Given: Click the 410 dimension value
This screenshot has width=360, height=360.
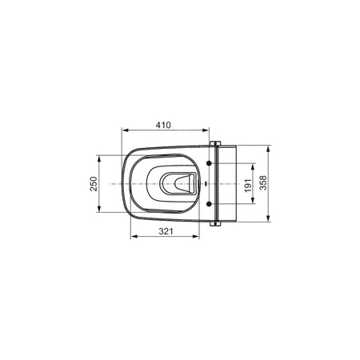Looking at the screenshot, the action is pos(163,125).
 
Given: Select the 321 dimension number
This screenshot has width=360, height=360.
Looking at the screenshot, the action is pos(166,231).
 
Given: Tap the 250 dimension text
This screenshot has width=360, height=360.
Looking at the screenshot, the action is pos(94,184).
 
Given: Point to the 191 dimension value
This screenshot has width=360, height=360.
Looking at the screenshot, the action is pos(248,186).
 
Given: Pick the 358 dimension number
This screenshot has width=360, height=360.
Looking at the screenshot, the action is pos(263,182).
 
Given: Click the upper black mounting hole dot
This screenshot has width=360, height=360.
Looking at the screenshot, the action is pos(210,163).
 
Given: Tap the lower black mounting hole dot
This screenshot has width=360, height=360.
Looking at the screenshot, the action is pos(210,204).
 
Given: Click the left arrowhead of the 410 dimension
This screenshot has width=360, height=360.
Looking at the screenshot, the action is pos(125,130).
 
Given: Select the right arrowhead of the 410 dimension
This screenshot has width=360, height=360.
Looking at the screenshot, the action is pos(206,130).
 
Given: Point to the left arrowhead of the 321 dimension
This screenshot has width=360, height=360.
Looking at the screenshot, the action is pos(134,236).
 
